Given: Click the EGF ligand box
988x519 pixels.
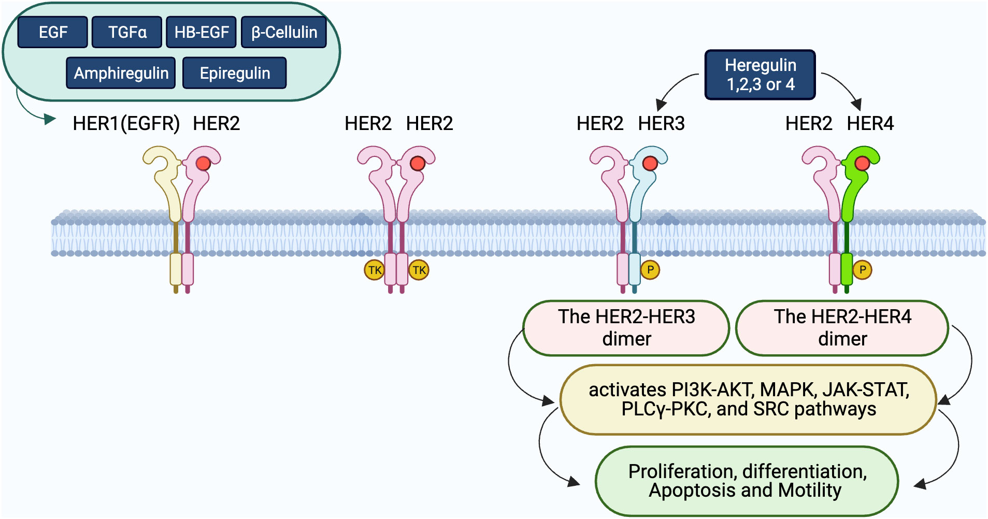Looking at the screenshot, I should pos(52,32).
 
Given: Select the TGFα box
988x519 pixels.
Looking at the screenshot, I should pos(127,32).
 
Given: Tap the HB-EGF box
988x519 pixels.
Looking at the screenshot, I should pos(201,32).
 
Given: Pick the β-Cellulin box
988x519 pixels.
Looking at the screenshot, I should pos(284,32).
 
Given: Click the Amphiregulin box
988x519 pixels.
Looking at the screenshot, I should pos(121,73).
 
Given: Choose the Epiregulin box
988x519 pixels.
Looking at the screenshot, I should pos(235,73).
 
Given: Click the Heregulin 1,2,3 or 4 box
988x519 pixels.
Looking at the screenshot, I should pos(760,75).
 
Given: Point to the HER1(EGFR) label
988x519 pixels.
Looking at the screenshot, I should pos(126,123).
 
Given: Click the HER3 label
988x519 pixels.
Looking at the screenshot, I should pos(661,123).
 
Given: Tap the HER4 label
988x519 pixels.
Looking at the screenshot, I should pos(870,123).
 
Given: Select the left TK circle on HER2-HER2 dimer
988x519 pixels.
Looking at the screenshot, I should pos(374,270).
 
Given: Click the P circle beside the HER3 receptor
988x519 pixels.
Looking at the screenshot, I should pos(650,270).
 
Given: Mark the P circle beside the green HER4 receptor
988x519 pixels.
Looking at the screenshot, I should pos(862,270).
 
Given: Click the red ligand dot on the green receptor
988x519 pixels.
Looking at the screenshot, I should pos(862,164).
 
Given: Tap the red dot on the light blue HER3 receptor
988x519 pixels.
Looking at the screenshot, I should pos(650,164).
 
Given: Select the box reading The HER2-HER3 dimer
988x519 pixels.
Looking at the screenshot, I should pos(626,328).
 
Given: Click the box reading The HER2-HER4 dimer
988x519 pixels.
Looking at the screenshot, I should pos(842,328).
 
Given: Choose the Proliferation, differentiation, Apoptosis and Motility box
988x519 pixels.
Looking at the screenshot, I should pos(747,481).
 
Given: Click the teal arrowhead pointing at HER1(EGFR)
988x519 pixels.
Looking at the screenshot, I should pos(50,120).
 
